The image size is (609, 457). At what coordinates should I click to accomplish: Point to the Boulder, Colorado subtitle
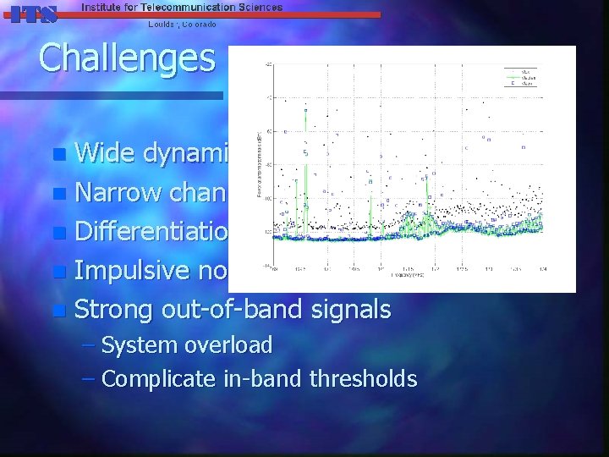coord(182,25)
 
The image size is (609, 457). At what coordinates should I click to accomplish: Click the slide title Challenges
coord(127,58)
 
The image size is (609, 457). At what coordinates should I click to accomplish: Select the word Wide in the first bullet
coord(103,153)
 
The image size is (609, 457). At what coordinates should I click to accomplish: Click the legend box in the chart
coord(517,77)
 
